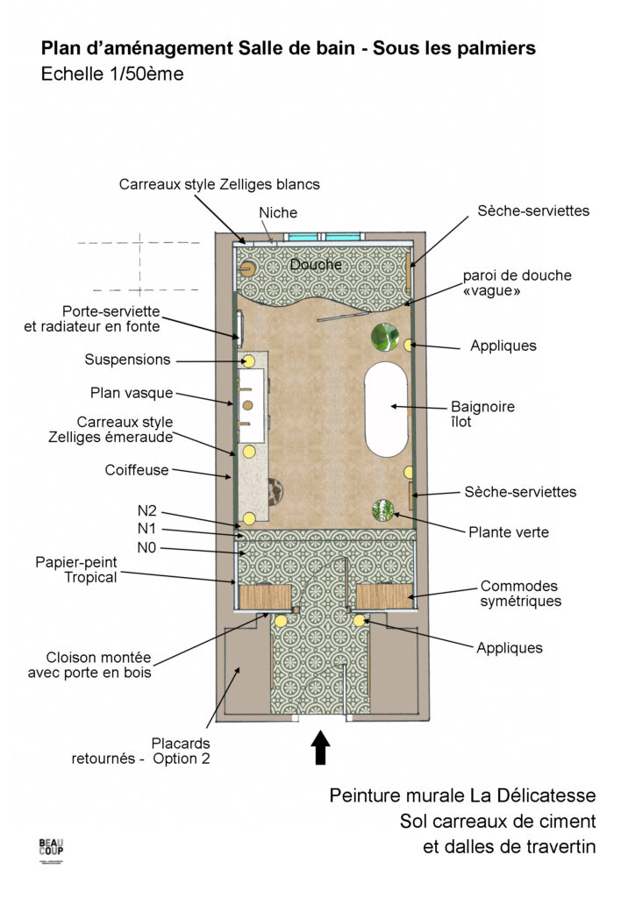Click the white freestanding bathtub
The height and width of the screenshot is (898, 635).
(387, 409)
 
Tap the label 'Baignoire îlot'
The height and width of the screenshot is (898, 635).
(482, 414)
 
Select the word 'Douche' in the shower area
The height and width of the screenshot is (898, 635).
(316, 265)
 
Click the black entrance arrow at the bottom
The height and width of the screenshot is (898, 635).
(321, 747)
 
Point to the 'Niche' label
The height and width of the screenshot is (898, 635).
(278, 212)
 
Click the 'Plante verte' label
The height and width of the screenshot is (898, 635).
(509, 532)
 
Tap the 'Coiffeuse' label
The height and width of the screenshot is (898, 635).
(137, 470)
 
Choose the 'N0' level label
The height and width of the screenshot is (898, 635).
(146, 548)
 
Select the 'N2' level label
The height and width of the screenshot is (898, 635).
(146, 511)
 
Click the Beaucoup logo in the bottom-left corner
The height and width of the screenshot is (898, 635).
(51, 849)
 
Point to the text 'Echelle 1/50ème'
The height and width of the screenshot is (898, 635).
(112, 75)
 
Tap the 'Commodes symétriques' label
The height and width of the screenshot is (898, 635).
(520, 594)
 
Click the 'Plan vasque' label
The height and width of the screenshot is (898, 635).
(132, 393)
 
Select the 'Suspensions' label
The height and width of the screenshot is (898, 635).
(128, 360)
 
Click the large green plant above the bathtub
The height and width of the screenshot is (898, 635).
(385, 337)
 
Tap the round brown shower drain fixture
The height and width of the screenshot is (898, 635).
(248, 269)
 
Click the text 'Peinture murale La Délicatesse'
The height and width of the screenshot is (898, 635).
(462, 795)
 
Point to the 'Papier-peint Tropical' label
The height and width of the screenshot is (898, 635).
(76, 570)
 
